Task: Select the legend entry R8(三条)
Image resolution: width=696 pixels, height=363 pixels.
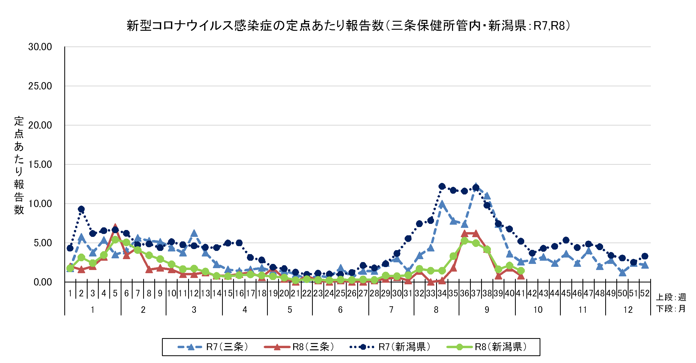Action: [x=299, y=347]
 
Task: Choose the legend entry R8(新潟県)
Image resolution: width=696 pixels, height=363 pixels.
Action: [x=487, y=347]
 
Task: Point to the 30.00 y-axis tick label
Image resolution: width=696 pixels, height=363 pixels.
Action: [x=40, y=47]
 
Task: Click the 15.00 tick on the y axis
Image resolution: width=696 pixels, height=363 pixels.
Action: [x=40, y=165]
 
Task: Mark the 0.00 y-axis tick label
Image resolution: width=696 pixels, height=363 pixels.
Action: [x=43, y=282]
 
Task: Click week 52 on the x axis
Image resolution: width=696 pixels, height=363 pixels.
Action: [x=645, y=293]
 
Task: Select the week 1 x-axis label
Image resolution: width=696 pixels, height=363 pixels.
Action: [x=70, y=293]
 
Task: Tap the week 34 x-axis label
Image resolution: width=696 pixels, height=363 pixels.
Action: [x=442, y=293]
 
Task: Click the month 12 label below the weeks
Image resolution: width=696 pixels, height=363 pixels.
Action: [x=628, y=310]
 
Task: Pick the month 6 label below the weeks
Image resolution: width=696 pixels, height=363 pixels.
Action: [x=340, y=310]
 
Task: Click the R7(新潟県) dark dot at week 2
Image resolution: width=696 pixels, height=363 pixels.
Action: [x=81, y=209]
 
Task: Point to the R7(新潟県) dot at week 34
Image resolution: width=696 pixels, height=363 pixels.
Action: [x=442, y=186]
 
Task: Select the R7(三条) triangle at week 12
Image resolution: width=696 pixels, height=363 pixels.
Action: [x=194, y=233]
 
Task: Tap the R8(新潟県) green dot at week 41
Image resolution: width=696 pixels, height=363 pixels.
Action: [x=521, y=271]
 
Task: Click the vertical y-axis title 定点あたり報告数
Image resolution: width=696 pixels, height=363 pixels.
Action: [x=19, y=166]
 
